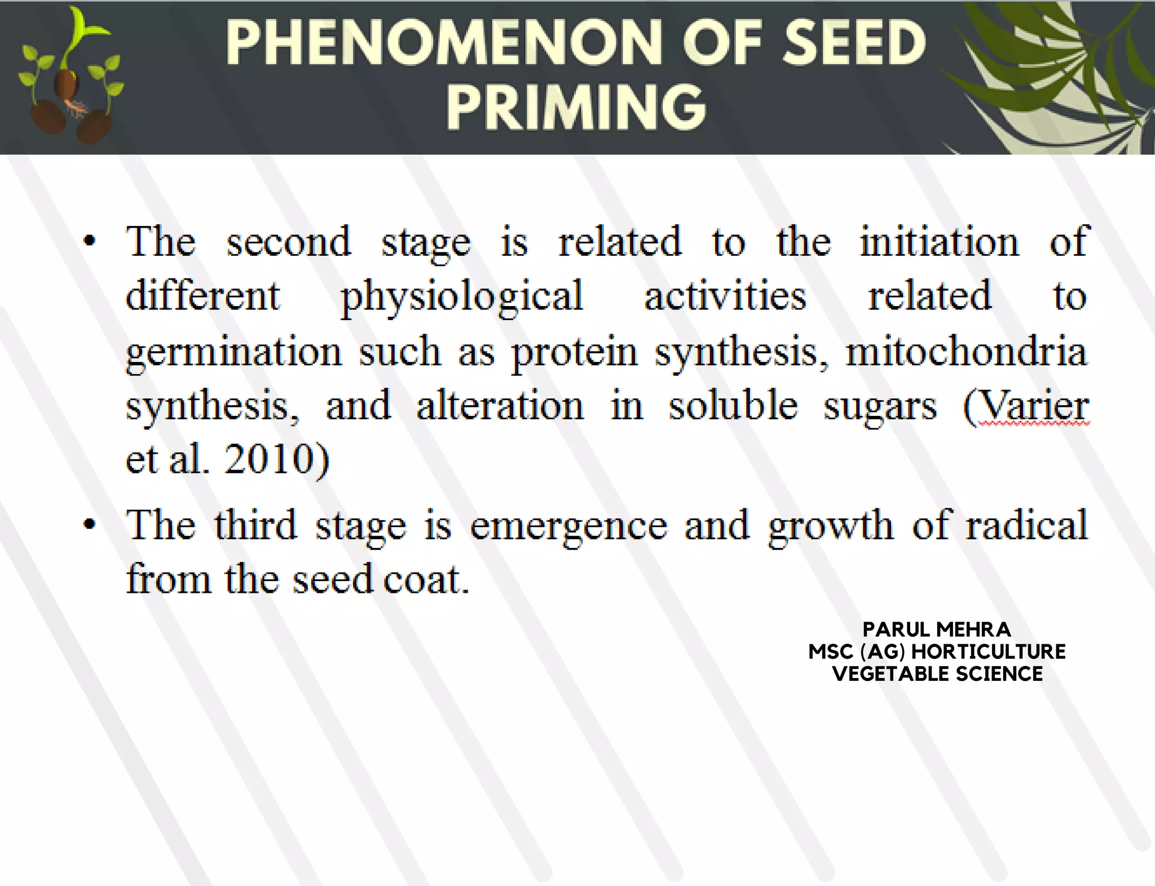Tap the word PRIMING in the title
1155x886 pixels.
pos(576,107)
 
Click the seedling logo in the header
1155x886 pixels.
pos(70,76)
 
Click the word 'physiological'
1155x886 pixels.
pos(461,296)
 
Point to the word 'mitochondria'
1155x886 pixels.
pos(966,351)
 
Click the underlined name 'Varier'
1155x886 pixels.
pos(1033,406)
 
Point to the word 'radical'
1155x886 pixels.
pos(1026,525)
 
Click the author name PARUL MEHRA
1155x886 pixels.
pos(937,629)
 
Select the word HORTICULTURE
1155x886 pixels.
pos(989,652)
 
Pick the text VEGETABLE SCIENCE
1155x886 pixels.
pos(937,674)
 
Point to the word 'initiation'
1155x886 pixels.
pos(939,242)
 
